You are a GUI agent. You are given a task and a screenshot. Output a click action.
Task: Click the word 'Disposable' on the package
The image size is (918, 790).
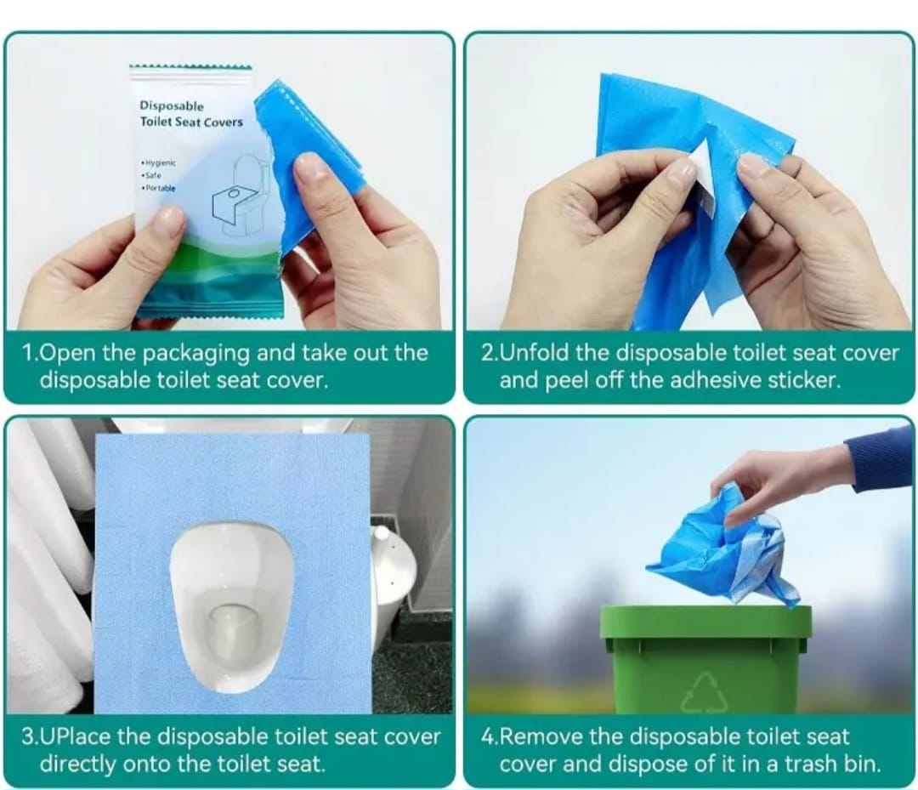172,105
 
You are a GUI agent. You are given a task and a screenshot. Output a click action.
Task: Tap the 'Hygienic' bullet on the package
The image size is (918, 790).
158,162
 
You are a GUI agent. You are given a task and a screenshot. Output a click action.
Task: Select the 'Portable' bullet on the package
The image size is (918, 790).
158,188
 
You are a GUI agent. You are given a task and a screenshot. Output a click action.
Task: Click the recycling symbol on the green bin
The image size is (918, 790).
705,692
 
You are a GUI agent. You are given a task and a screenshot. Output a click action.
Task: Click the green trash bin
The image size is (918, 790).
705,659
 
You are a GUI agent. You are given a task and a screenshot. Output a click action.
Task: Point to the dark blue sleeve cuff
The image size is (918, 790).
878,454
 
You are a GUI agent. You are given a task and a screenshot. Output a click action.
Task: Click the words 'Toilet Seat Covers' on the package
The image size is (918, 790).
191,122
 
